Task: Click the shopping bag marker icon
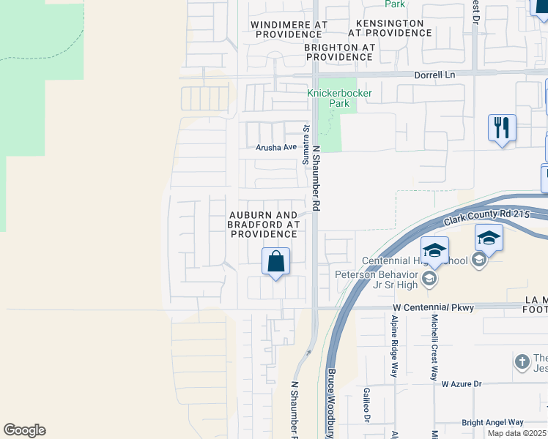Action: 276,262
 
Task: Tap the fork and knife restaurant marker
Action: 502,129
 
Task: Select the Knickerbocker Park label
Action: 339,98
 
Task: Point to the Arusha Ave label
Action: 276,147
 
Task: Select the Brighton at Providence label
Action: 339,51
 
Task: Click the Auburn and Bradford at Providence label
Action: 264,224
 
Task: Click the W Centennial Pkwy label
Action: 433,308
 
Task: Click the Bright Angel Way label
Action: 492,422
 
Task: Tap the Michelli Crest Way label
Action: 434,348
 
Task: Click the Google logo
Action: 24,430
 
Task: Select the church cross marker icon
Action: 521,361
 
